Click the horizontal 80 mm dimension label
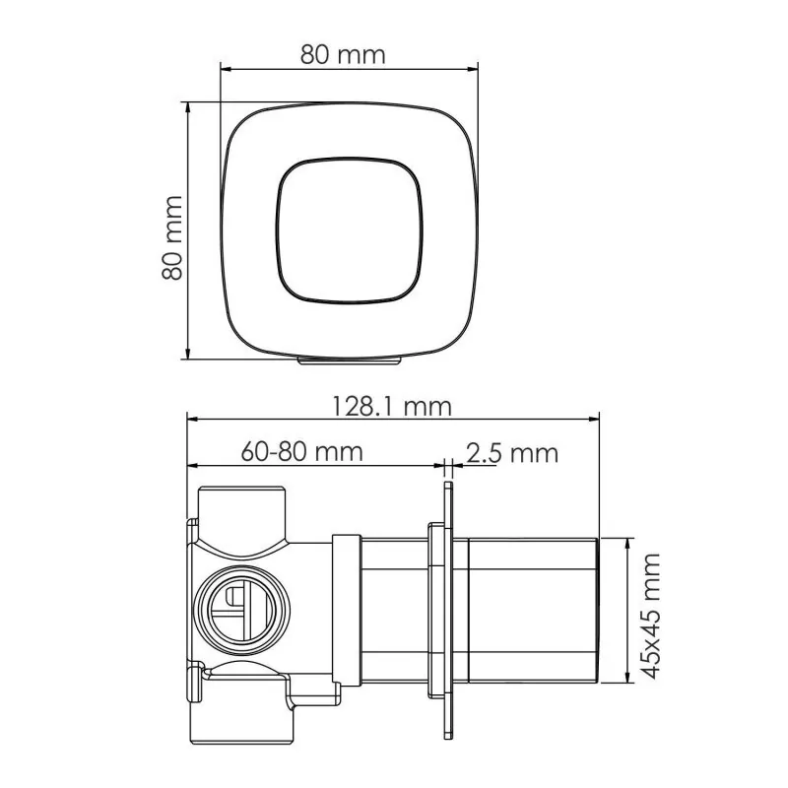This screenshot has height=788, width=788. click(343, 54)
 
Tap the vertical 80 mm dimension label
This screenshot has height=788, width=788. click(172, 237)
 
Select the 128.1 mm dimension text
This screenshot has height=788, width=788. click(392, 406)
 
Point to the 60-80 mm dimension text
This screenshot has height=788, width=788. click(301, 452)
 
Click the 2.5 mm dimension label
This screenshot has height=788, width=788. click(512, 453)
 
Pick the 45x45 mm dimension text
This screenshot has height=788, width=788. click(650, 616)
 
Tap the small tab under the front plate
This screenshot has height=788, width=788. click(350, 361)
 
